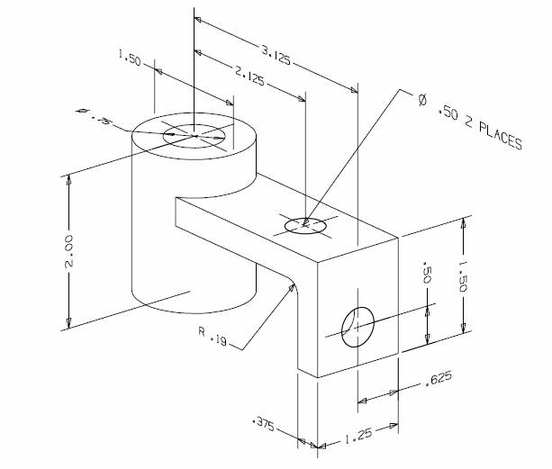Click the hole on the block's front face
pos(357,323)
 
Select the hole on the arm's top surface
pos(305,224)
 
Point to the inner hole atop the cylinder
pos(193,134)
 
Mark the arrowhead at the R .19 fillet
pos(291,285)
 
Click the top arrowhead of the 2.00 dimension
pos(69,178)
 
